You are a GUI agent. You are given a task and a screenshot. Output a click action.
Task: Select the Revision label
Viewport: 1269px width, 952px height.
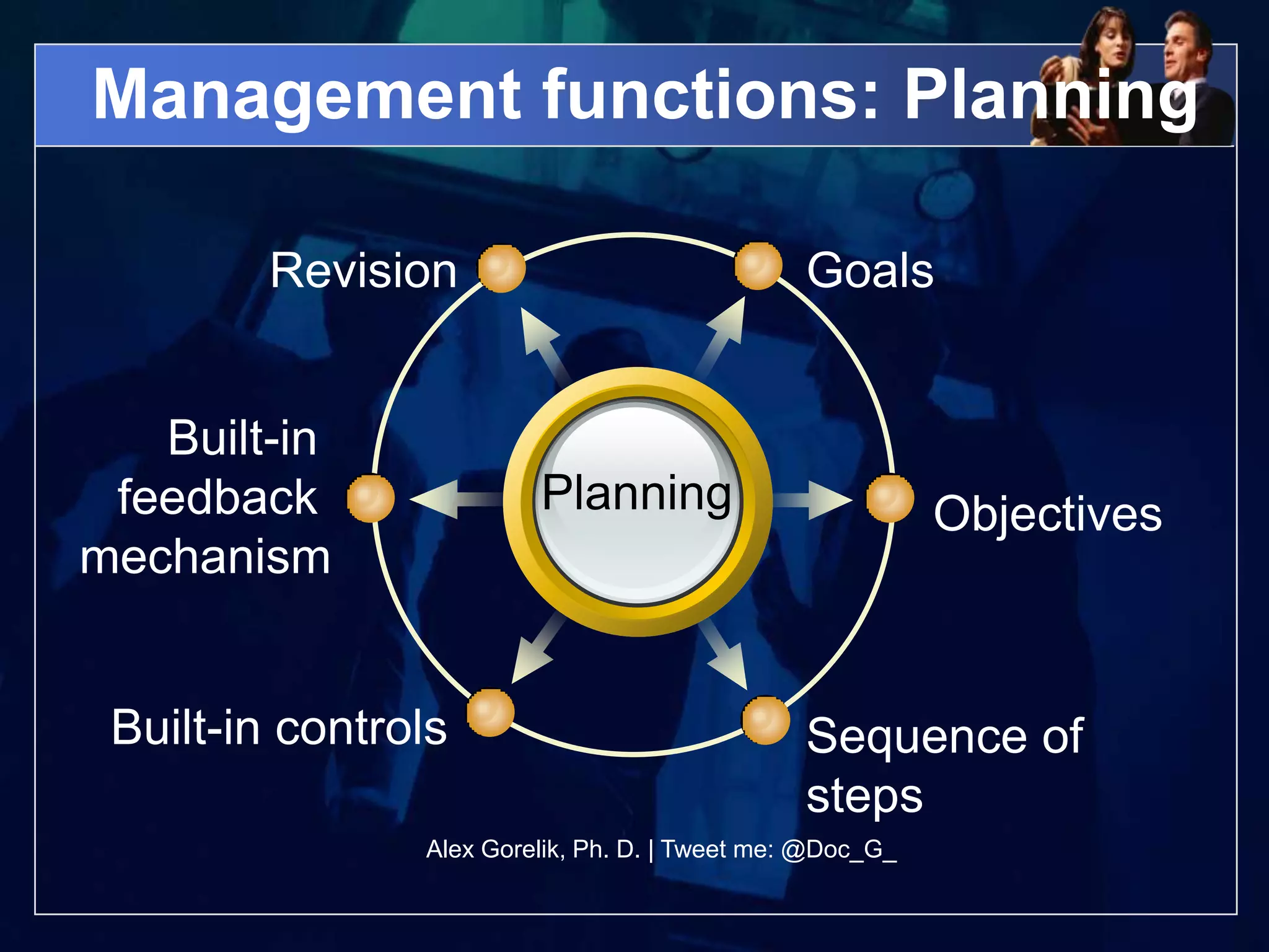click(x=364, y=271)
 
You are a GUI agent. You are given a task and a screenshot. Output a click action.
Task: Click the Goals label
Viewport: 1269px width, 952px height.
click(x=870, y=271)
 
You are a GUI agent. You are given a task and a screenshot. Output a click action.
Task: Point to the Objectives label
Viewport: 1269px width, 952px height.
click(x=1048, y=514)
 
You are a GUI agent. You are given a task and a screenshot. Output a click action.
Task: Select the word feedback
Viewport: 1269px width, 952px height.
click(x=217, y=497)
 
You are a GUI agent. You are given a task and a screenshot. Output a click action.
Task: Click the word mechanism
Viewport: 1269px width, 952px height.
click(x=205, y=557)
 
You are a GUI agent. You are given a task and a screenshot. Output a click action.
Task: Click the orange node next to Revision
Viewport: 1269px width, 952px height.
click(x=502, y=268)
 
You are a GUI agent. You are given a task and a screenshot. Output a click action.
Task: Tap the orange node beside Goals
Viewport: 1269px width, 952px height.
click(x=758, y=267)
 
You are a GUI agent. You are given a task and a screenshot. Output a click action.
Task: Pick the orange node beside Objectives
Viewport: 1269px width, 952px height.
click(x=890, y=499)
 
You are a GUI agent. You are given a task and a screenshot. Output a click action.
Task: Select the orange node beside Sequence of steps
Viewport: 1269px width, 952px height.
click(x=766, y=720)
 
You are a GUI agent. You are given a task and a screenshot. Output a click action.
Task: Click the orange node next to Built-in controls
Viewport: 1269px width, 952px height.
click(x=490, y=713)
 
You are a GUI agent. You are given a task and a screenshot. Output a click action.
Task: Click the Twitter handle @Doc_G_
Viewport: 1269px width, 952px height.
click(x=839, y=850)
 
